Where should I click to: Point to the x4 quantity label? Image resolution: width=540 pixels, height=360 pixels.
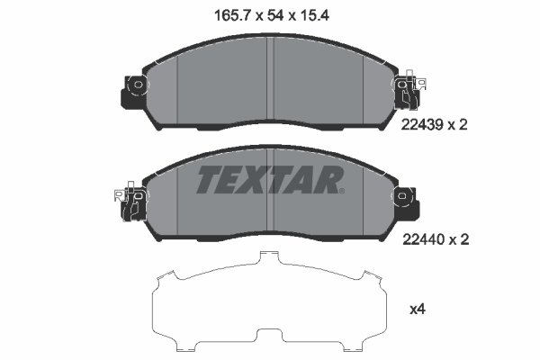point(417,310)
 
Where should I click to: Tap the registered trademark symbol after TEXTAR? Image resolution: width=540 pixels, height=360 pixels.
point(341,190)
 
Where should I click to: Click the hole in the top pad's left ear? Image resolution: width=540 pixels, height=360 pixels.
point(137,86)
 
